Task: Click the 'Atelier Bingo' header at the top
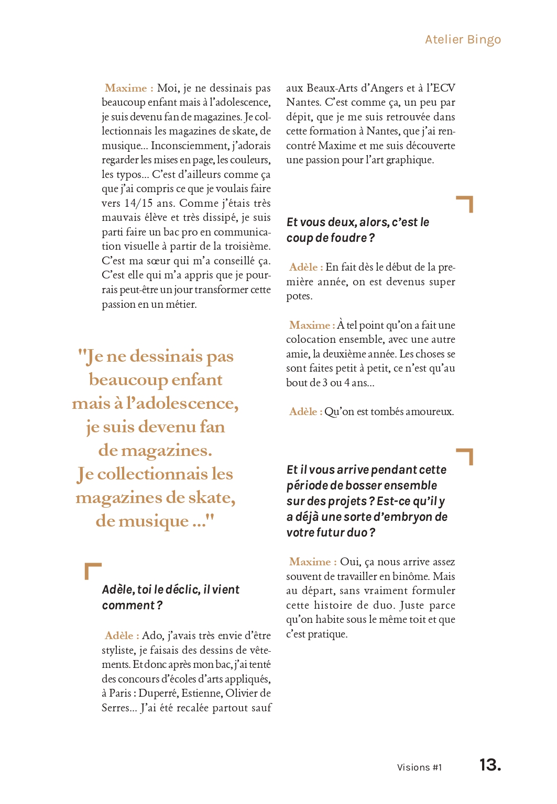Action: pos(463,40)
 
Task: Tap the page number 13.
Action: pos(490,765)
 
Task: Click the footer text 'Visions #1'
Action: pos(419,767)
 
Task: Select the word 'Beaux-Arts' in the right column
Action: pos(329,88)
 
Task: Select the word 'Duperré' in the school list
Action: pos(158,694)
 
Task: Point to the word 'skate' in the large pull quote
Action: pos(211,498)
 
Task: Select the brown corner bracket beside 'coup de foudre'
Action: pos(465,204)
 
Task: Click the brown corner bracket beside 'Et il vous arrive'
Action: pos(465,456)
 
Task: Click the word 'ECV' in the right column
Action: pos(444,88)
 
